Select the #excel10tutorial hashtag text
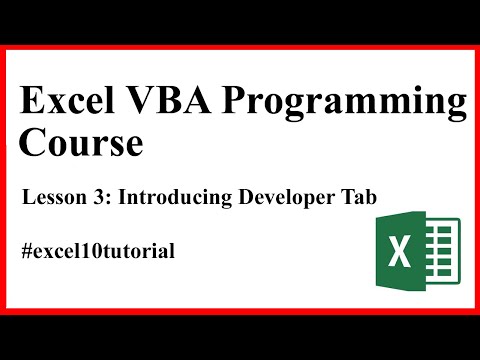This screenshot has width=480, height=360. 98,250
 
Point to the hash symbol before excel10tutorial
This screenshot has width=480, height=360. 27,250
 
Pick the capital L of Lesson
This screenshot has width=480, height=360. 27,197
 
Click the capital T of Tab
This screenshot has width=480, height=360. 346,197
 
